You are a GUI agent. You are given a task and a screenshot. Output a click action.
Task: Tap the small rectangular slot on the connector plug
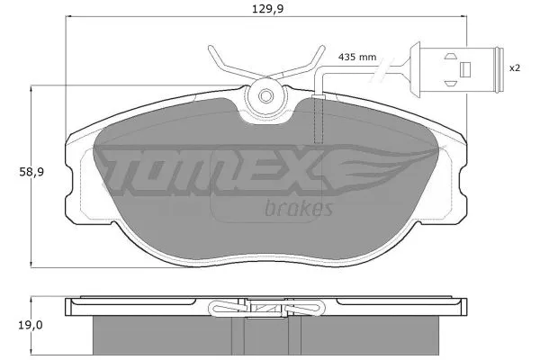(x=465, y=68)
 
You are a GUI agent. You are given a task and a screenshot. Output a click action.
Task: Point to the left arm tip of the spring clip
(x=210, y=48)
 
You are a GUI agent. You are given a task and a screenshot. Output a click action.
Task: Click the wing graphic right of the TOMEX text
(x=387, y=166)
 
